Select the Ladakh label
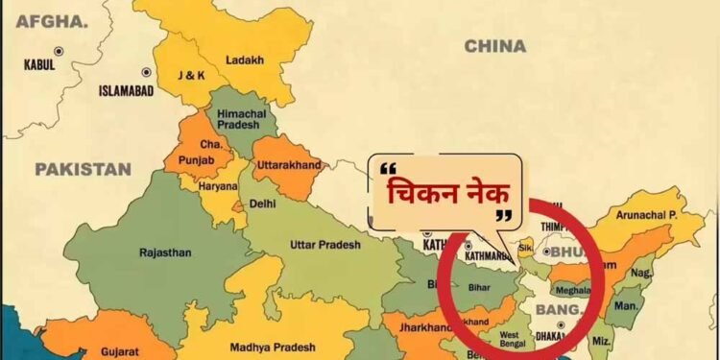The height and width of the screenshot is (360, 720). click(x=244, y=60)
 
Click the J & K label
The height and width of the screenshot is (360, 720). click(x=192, y=75)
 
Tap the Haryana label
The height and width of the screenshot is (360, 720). click(x=217, y=186)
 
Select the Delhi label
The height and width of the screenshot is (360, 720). click(x=262, y=204)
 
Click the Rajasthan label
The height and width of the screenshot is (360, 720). click(x=164, y=252)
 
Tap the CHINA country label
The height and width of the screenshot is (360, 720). click(x=494, y=46)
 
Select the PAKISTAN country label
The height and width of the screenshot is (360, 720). click(x=83, y=169)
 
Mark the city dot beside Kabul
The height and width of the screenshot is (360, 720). click(x=59, y=50)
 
